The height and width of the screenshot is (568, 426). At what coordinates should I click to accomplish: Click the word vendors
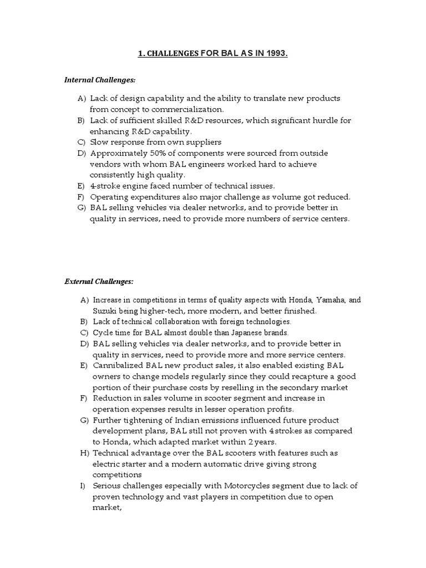click(x=104, y=164)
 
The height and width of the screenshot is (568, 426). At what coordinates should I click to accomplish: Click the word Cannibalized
click(x=118, y=366)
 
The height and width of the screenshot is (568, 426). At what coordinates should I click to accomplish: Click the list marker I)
click(x=83, y=485)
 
